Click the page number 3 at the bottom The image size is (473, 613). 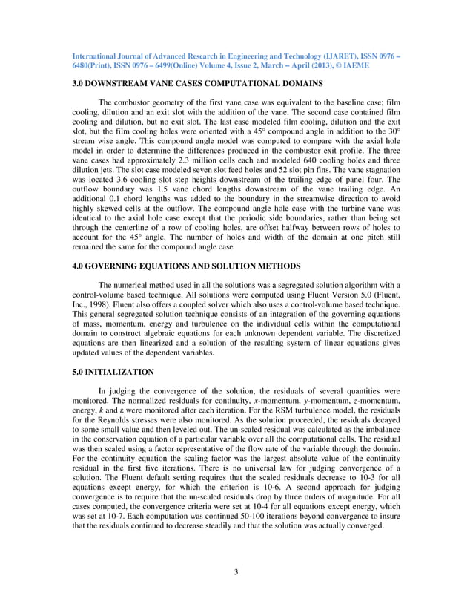(x=236, y=571)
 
